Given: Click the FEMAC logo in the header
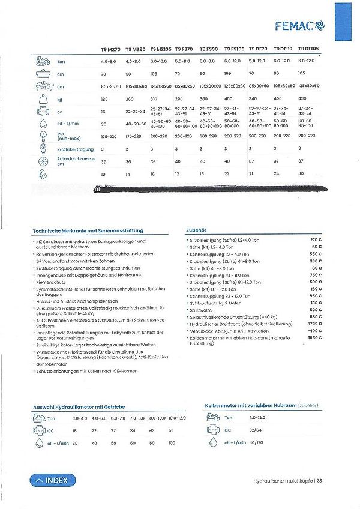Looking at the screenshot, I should [x=299, y=25].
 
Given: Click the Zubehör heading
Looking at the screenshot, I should [x=197, y=230].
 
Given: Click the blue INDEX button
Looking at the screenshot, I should [x=53, y=480].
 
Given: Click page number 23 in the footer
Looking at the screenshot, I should [x=320, y=480].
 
